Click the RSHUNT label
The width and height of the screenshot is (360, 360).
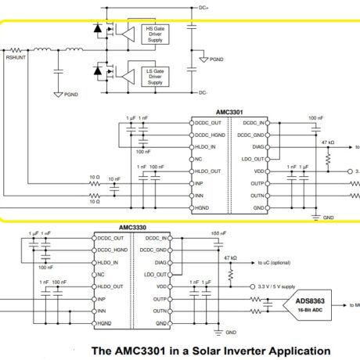point(16,57)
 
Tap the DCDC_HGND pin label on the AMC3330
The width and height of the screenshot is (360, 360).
point(110,250)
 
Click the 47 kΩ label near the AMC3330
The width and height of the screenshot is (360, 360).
point(229,257)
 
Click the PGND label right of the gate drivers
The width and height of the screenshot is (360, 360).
point(216,59)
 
